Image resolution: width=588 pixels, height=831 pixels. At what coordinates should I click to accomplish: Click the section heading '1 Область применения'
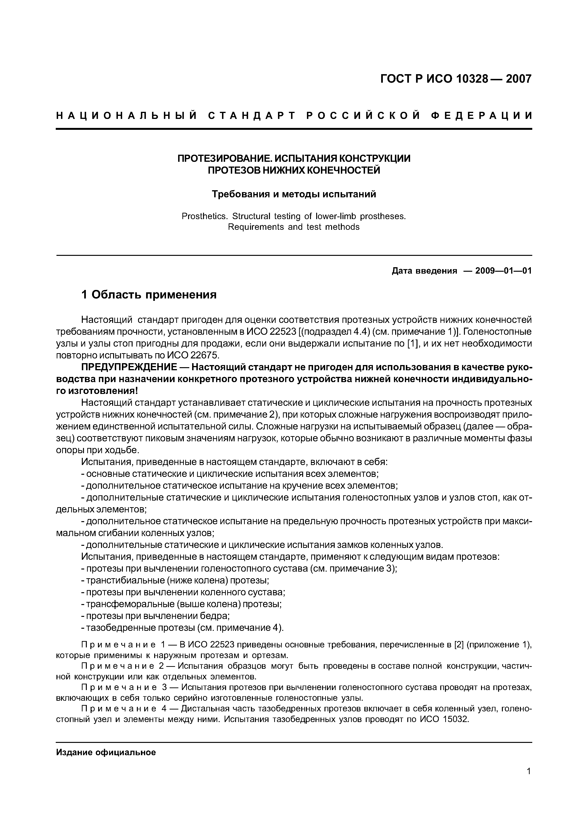click(x=149, y=295)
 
